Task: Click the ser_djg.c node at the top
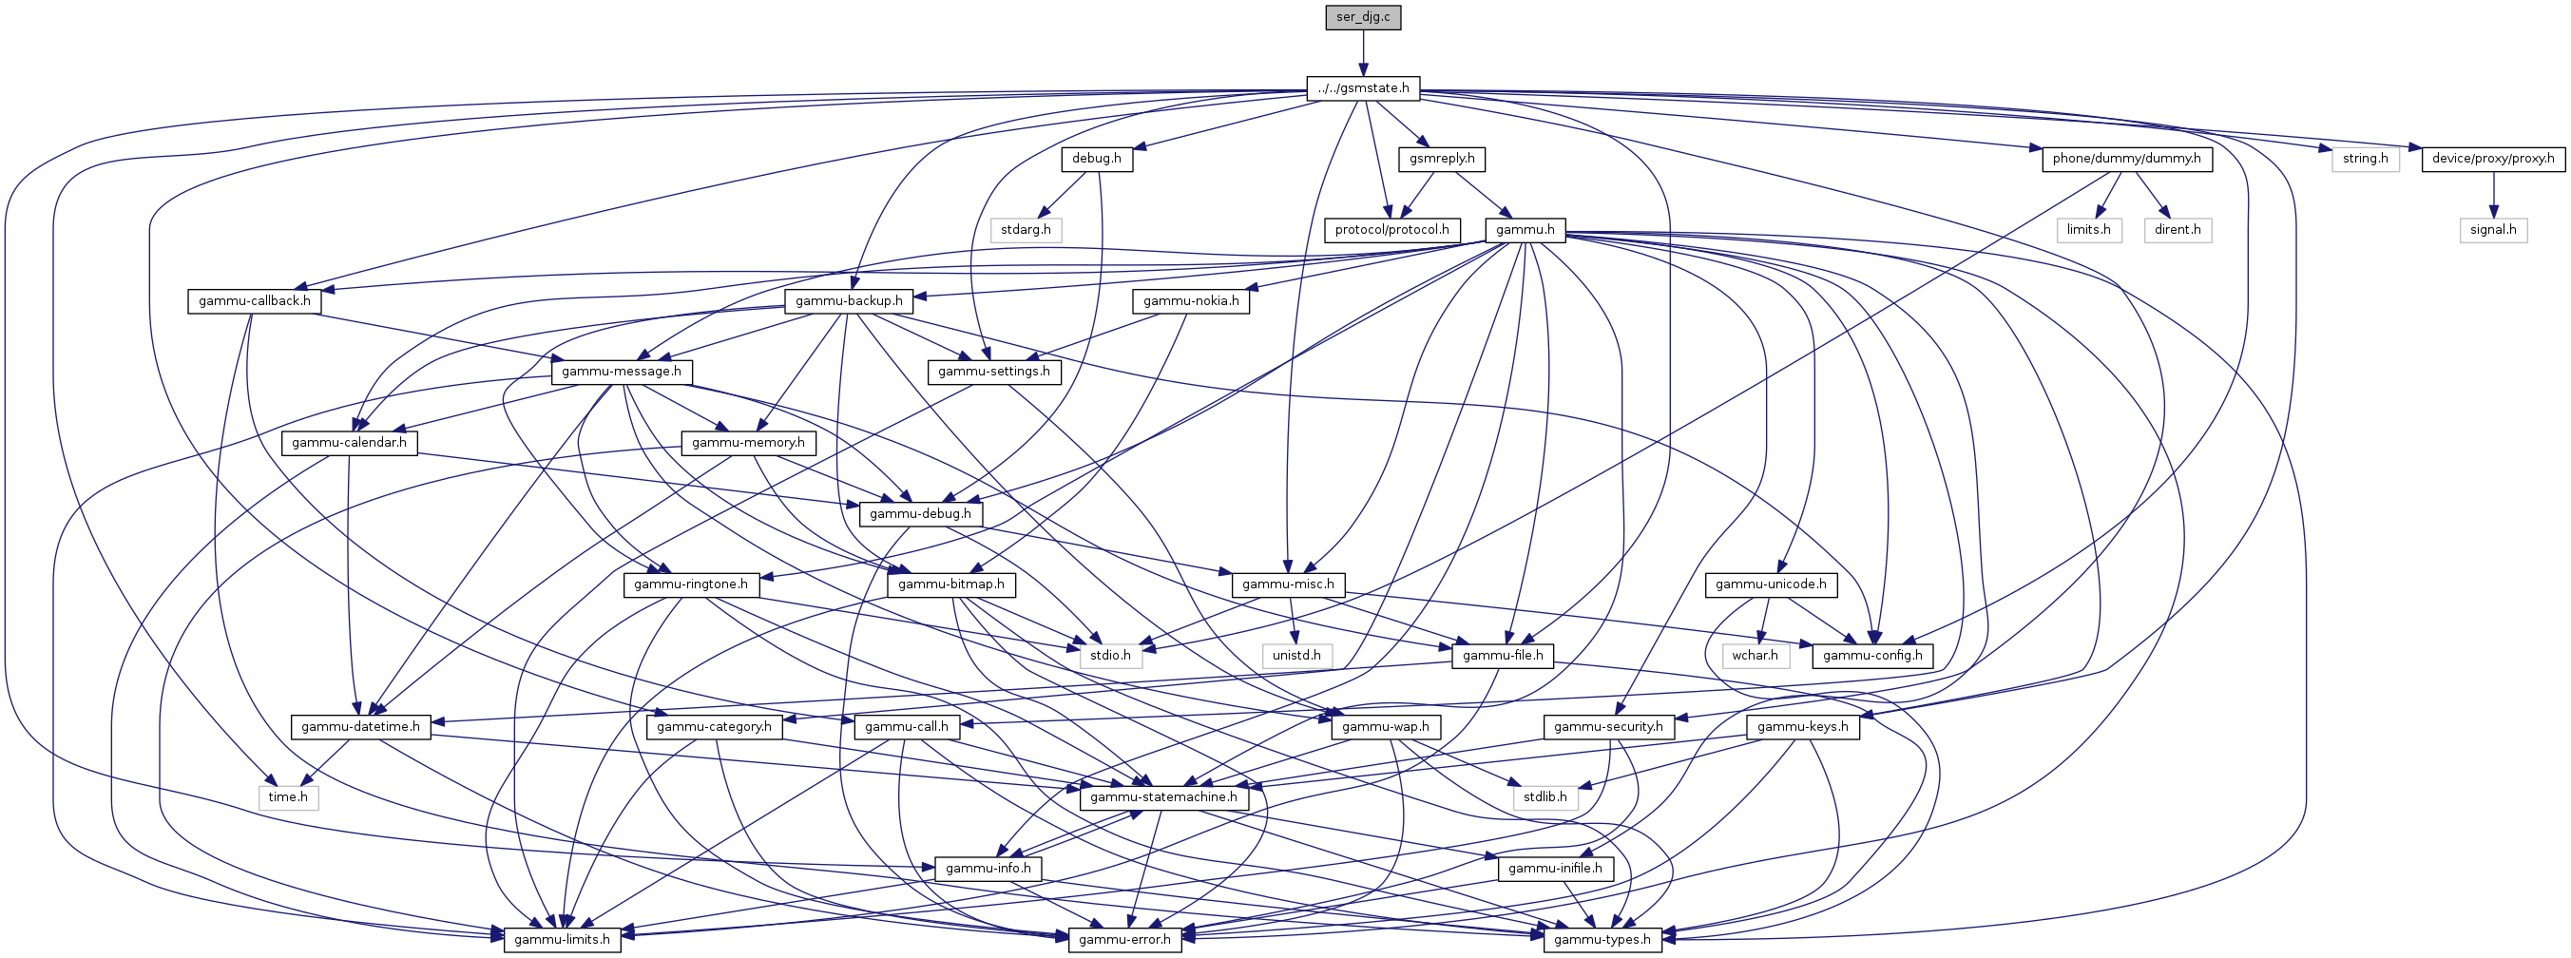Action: [x=1363, y=17]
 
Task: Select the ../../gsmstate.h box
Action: [x=1363, y=87]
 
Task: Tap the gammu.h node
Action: [x=1525, y=230]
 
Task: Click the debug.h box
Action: [x=1096, y=159]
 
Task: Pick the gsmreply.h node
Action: [x=1442, y=159]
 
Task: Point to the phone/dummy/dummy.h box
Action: [x=2126, y=159]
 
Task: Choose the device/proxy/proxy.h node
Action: [x=2492, y=159]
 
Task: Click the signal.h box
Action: [x=2492, y=230]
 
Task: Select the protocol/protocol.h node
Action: [x=1391, y=230]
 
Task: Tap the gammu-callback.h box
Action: [x=255, y=300]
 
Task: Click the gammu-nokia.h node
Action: [x=1191, y=300]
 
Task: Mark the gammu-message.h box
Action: [x=621, y=372]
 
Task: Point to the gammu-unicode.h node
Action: [x=1771, y=584]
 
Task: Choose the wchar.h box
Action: [x=1755, y=655]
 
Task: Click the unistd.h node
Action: [x=1295, y=655]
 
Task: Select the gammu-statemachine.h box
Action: [x=1162, y=796]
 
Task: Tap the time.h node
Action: [x=287, y=796]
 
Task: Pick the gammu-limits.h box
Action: [x=562, y=939]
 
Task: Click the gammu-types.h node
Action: [x=1602, y=939]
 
